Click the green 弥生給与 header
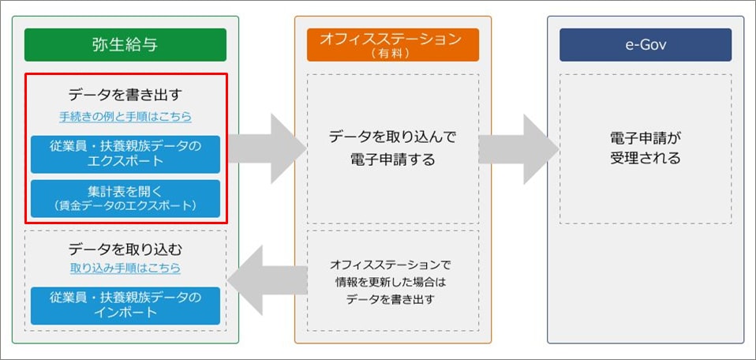coord(125,45)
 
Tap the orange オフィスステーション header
coord(393,45)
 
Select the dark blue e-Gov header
coord(646,45)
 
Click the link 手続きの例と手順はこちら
coord(125,117)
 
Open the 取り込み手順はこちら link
coord(125,268)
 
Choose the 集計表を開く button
coord(125,199)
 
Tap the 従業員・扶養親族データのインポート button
coord(125,306)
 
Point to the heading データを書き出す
coord(125,95)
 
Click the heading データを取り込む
coord(125,249)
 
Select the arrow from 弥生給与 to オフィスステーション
coord(267,148)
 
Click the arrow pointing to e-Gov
coord(518,148)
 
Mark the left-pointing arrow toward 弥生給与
coord(268,280)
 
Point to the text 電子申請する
coord(393,159)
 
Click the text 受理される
coord(645,158)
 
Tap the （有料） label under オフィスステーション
coord(393,53)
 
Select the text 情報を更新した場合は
coord(393,282)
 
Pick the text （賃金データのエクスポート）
coord(125,206)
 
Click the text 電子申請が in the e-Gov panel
coord(645,138)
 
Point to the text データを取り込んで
coord(393,137)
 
